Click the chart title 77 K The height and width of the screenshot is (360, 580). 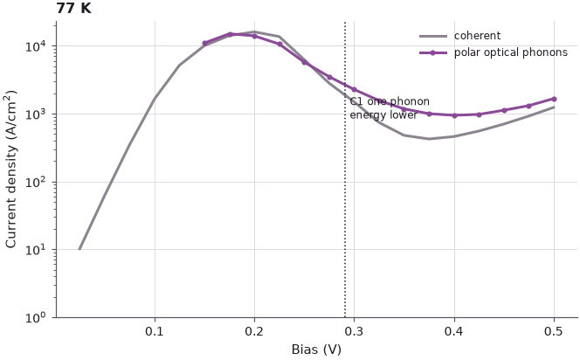coord(73,8)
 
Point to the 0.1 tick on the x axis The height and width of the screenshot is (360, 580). coord(155,331)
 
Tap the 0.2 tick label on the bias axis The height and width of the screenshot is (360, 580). coord(254,331)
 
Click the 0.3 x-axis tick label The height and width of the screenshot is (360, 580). coord(355,331)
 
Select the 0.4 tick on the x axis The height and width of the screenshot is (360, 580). coord(454,331)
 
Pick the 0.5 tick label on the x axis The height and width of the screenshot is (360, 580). coord(554,331)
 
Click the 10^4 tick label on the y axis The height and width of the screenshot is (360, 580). coord(36,46)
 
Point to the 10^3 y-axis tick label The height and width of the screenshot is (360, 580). coord(36,114)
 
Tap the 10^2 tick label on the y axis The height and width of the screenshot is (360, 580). coord(36,182)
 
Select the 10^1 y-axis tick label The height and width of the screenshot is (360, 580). coord(36,249)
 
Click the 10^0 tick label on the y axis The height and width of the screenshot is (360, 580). coord(36,317)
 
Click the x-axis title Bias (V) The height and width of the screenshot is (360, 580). coord(316,350)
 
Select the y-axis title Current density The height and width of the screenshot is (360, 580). coord(11,170)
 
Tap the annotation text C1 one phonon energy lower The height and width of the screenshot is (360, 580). coord(390,108)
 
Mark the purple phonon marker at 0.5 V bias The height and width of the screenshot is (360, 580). coord(554,99)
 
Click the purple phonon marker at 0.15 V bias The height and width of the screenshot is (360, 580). coord(204,44)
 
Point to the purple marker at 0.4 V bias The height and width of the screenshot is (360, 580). coord(454,115)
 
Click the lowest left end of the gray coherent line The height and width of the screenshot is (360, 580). coord(79,249)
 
